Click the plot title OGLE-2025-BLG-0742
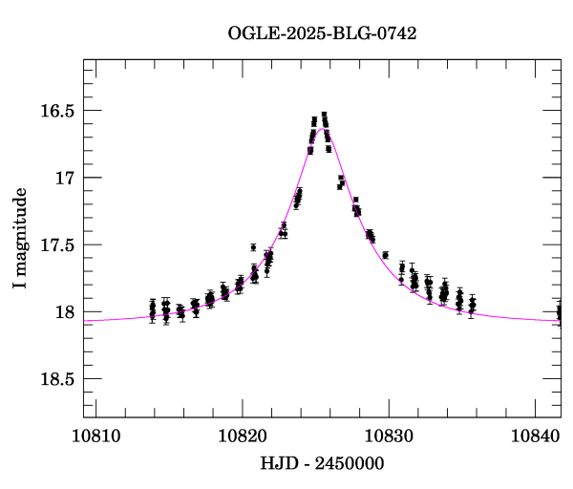point(322,33)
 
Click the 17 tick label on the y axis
point(64,178)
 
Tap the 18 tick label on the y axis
point(64,311)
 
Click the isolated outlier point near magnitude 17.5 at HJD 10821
point(253,247)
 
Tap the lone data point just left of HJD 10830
point(385,255)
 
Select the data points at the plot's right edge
point(559,311)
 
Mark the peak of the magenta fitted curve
point(321,128)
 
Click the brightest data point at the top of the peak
point(324,115)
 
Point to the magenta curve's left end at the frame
point(85,322)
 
